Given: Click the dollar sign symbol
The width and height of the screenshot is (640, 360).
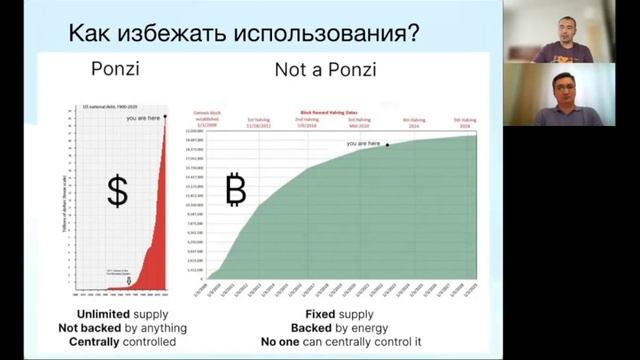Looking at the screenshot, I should coord(117,191).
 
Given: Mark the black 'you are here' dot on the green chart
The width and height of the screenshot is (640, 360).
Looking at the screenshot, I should coord(388,145).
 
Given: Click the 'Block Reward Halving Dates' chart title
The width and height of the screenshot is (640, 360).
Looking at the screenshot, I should coord(333,114).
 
